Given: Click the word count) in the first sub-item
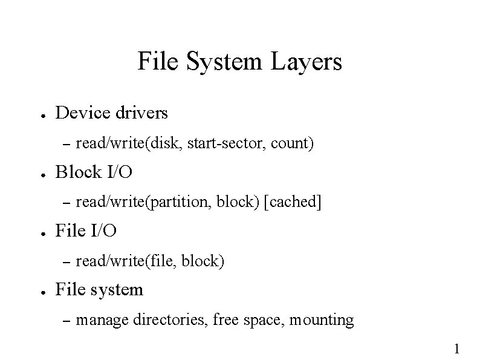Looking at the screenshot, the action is coord(293,144).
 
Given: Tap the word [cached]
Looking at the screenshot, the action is coord(293,203).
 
